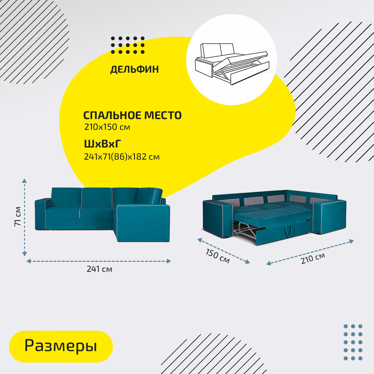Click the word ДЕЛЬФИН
coord(134,69)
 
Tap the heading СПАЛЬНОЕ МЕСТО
coord(132,115)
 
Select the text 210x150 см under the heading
coord(107,127)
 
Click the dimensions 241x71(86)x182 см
coord(122,157)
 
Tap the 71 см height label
coord(18,216)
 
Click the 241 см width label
coord(99,269)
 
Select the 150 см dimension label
coord(217,256)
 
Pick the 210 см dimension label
coord(313,258)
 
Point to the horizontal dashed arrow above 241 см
coord(99,261)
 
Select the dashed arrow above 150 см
coord(223,251)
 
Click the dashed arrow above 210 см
coord(310,252)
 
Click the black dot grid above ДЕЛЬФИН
coord(128,45)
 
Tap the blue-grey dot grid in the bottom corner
coord(353,342)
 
